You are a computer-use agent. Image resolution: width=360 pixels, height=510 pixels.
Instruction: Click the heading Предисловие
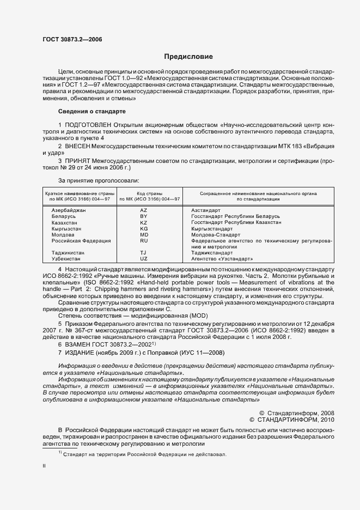[x=189, y=57]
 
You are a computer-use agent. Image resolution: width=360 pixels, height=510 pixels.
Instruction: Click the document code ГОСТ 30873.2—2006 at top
[x=72, y=39]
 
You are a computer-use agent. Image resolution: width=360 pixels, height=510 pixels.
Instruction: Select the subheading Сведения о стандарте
[x=91, y=111]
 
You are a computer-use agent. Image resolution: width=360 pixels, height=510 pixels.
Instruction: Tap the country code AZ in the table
[x=144, y=210]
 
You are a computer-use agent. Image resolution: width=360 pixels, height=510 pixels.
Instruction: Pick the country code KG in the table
[x=144, y=229]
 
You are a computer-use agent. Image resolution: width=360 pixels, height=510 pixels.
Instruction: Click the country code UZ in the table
[x=144, y=259]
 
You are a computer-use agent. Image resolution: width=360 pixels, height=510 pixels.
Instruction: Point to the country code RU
[x=144, y=240]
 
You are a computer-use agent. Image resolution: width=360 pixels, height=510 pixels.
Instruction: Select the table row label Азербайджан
[x=69, y=210]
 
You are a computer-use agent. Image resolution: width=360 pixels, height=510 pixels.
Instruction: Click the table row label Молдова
[x=63, y=235]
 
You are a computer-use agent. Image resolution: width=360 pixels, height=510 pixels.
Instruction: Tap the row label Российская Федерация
[x=81, y=240]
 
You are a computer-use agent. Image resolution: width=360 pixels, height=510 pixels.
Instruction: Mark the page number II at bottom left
[x=44, y=466]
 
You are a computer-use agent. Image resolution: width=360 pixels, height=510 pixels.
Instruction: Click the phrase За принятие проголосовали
[x=98, y=180]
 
